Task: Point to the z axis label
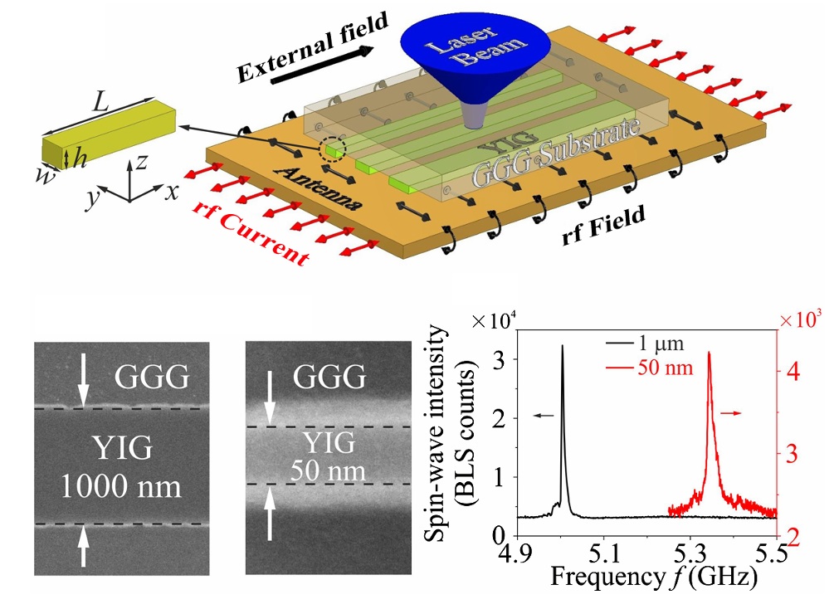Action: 144,163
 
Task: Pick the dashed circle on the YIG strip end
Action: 333,150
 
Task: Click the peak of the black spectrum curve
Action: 563,346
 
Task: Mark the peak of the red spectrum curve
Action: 709,353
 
